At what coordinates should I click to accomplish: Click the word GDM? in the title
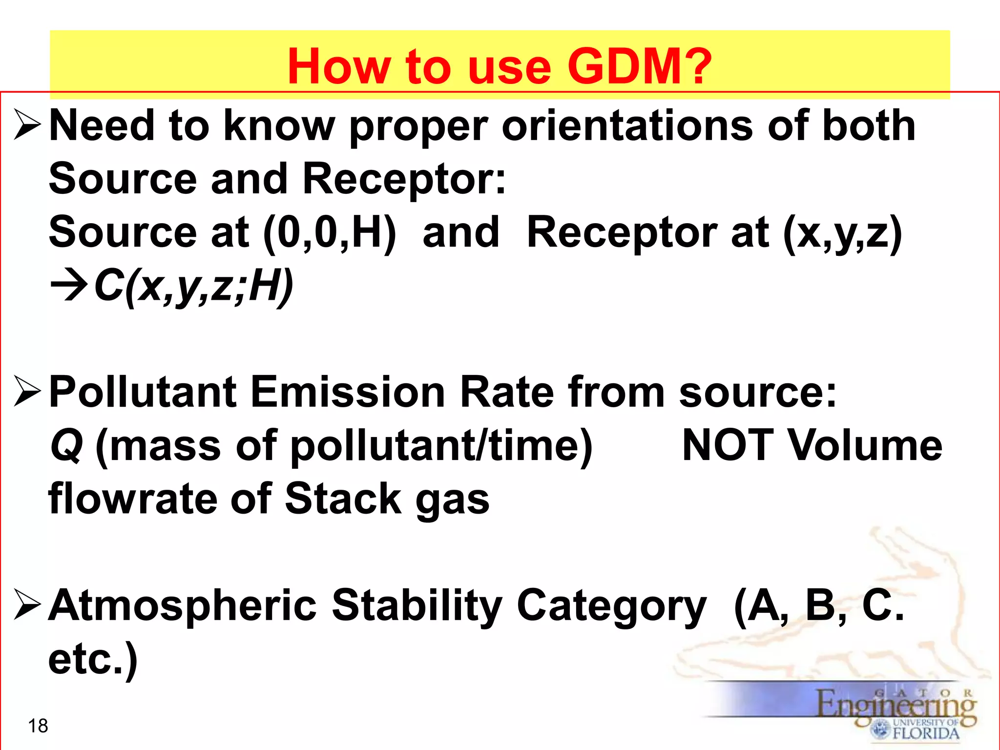[x=639, y=66]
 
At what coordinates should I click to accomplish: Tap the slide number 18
[x=38, y=726]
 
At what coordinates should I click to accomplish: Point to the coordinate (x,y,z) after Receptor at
[x=842, y=233]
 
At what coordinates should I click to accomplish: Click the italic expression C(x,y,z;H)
[x=193, y=287]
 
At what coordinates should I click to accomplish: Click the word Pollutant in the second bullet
[x=143, y=392]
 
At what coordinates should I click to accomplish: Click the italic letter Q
[x=67, y=446]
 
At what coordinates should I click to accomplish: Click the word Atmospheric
[x=183, y=605]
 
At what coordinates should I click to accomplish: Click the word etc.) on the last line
[x=93, y=659]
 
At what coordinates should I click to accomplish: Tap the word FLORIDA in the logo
[x=926, y=733]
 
